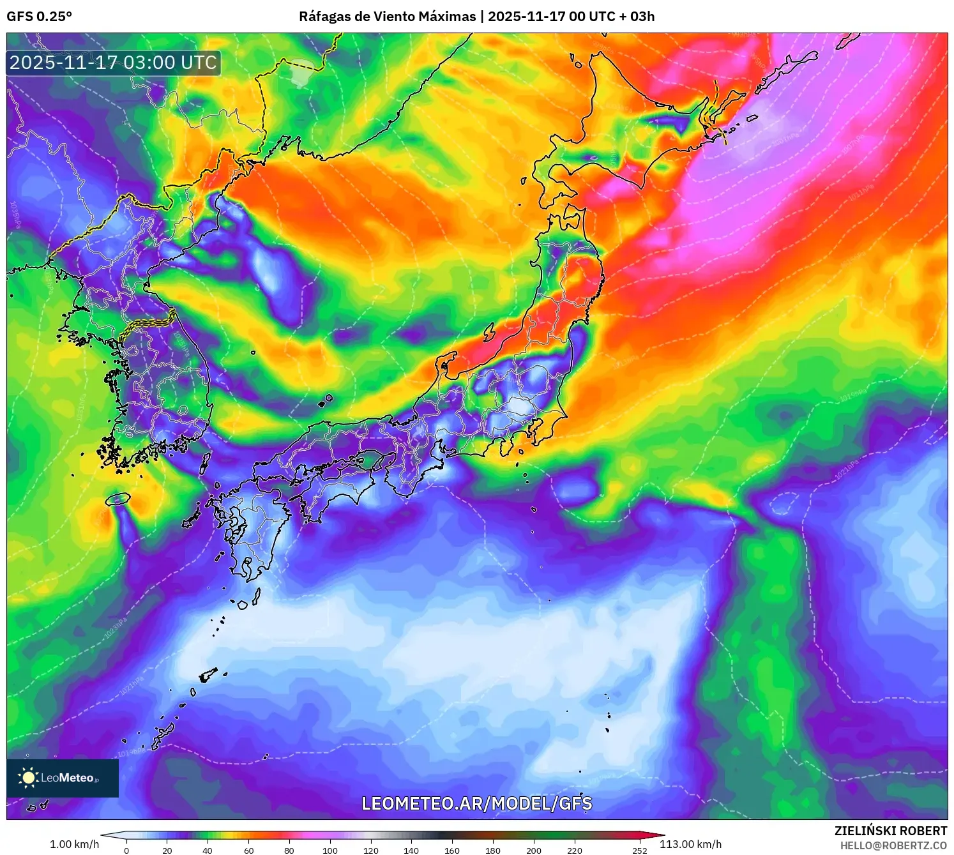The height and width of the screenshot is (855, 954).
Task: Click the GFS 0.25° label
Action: [x=40, y=17]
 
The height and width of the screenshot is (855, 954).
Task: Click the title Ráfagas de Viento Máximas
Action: [x=387, y=17]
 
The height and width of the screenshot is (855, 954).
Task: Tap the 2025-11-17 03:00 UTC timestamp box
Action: [x=114, y=63]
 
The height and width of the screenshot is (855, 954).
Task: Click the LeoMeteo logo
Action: [x=63, y=778]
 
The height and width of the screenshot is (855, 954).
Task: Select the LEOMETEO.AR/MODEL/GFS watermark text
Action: [x=476, y=803]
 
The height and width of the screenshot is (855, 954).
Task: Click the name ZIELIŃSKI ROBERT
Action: [x=890, y=831]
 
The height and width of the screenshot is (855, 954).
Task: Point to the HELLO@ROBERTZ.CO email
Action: [x=893, y=845]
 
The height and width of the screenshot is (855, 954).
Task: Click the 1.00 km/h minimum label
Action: [x=74, y=844]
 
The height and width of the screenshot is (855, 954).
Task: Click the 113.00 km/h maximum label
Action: [x=690, y=844]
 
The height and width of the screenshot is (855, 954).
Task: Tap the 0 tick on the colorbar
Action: [x=126, y=850]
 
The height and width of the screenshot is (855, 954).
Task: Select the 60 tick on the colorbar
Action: [x=248, y=850]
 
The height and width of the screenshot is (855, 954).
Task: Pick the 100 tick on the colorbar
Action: [x=330, y=850]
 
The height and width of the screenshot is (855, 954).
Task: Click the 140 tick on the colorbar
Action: [x=411, y=850]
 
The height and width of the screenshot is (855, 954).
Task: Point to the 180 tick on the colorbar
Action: [x=492, y=850]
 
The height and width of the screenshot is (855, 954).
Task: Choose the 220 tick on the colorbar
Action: [x=574, y=850]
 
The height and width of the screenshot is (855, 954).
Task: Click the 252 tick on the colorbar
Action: [x=639, y=850]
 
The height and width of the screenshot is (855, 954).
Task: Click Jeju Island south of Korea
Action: [x=118, y=499]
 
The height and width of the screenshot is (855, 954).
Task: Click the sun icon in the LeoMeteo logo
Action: [x=28, y=777]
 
